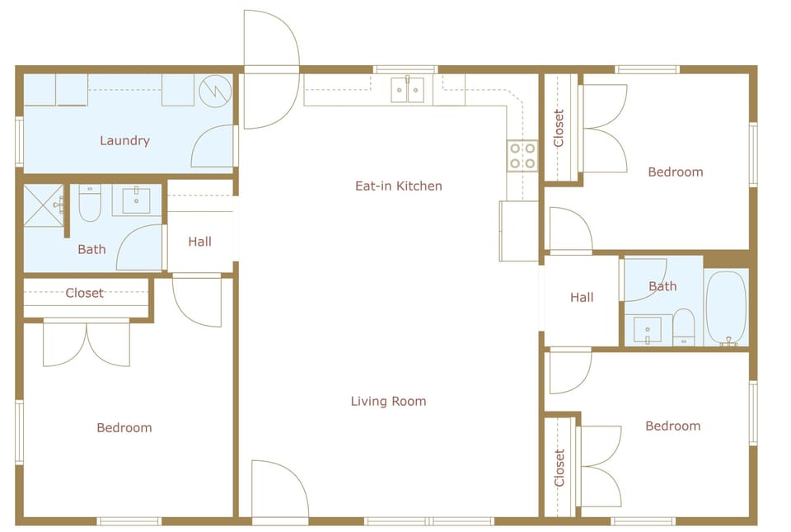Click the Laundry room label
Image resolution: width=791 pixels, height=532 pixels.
click(x=124, y=140)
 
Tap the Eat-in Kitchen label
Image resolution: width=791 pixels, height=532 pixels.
click(x=398, y=186)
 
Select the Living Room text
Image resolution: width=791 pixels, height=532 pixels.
click(x=388, y=402)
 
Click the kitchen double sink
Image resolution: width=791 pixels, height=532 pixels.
click(x=408, y=89)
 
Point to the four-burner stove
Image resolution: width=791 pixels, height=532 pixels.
click(x=522, y=156)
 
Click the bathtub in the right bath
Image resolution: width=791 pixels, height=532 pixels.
click(x=726, y=307)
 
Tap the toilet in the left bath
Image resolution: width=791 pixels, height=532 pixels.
click(x=90, y=204)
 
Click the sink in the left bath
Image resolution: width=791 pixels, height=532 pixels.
click(x=136, y=200)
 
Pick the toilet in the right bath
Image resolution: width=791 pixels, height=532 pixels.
click(x=684, y=327)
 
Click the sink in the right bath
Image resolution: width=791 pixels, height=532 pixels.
click(x=648, y=330)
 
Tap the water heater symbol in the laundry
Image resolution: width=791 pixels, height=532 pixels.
click(x=217, y=88)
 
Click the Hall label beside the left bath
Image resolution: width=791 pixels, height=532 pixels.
click(x=199, y=242)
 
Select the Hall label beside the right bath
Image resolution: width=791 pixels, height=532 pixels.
click(x=582, y=297)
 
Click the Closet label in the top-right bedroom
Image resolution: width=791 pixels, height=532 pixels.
click(x=559, y=128)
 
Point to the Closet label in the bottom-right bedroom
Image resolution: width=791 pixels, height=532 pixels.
click(x=560, y=468)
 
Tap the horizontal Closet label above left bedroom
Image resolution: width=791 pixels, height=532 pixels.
click(x=85, y=293)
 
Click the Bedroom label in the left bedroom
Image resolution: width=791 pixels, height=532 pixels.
click(x=124, y=427)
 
